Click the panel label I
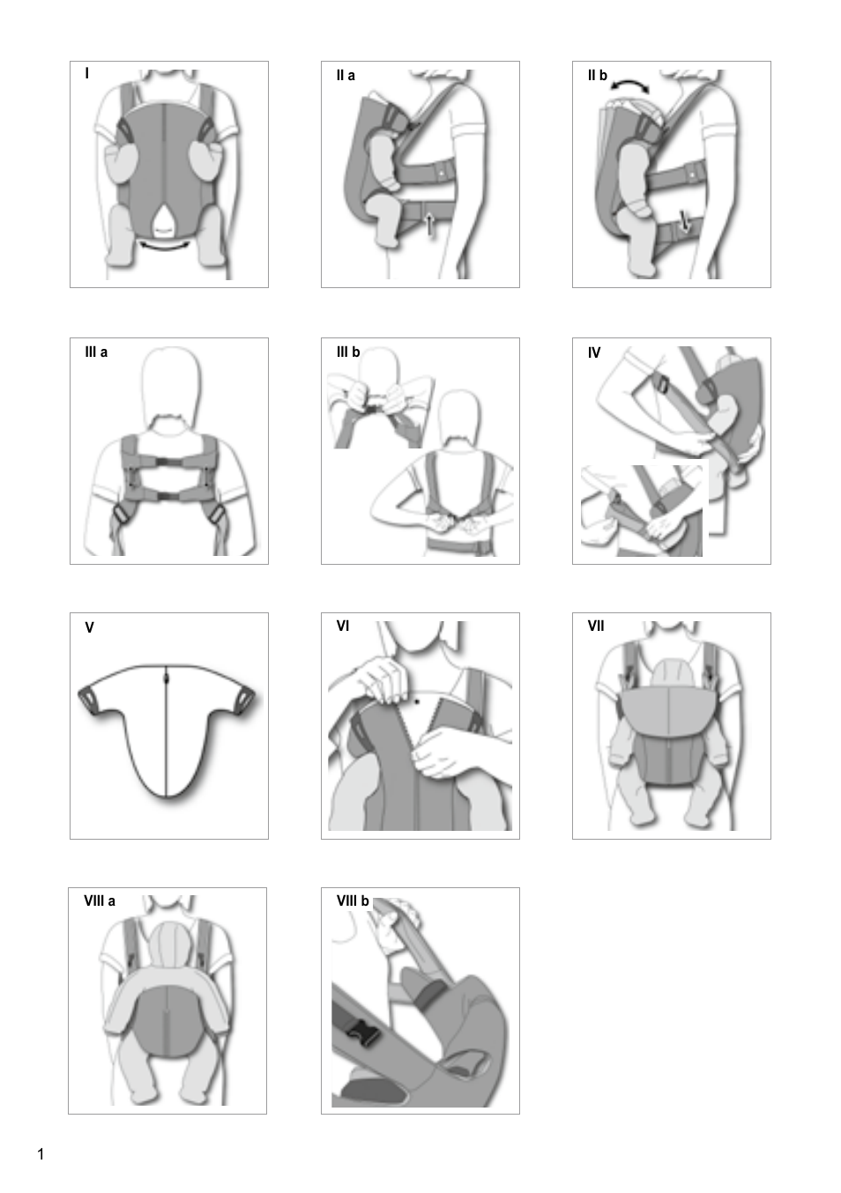[x=86, y=74]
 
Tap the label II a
[x=346, y=76]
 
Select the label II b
[x=598, y=76]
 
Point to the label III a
[x=96, y=352]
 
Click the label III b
[x=348, y=352]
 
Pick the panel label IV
[x=594, y=352]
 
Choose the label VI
[x=343, y=626]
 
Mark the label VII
[x=596, y=626]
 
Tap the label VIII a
[x=100, y=901]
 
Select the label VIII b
[x=353, y=901]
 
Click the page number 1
[x=41, y=1154]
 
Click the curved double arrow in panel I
[x=165, y=247]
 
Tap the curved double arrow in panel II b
[x=630, y=85]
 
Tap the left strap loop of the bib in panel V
[x=90, y=698]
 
